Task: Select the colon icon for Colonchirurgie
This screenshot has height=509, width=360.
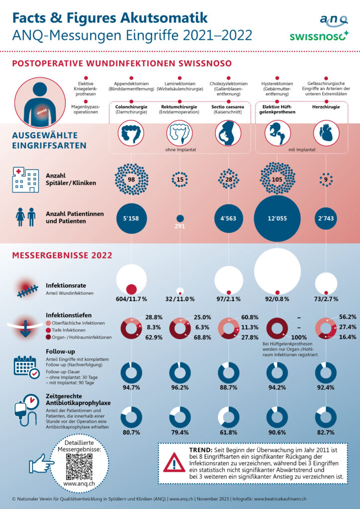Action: point(131,133)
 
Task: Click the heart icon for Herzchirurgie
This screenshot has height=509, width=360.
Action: point(327,133)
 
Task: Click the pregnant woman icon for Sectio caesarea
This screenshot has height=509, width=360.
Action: point(228,133)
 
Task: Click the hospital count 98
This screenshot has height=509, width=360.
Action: point(131,179)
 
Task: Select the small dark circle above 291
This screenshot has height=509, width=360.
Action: point(180,218)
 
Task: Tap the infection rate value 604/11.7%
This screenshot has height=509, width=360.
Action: point(131,299)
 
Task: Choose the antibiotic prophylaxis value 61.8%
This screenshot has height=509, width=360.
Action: point(228,432)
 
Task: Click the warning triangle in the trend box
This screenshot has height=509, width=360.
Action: point(174,463)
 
